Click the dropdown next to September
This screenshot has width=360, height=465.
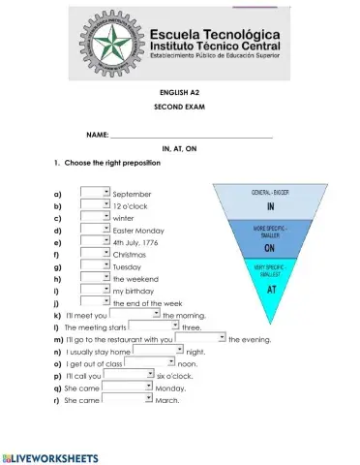[95, 193]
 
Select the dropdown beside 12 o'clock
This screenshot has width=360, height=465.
[95, 205]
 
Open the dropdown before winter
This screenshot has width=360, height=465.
[95, 218]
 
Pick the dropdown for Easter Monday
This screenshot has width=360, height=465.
[95, 230]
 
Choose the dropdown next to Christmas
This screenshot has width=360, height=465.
[95, 254]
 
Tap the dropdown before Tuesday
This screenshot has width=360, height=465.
[95, 265]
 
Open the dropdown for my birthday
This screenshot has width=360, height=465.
[95, 290]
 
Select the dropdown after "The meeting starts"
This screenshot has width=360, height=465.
[154, 326]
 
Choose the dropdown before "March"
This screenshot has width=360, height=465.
[127, 398]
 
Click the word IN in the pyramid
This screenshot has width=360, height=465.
[271, 206]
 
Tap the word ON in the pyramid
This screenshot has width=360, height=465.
[271, 248]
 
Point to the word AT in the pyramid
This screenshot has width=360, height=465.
[271, 289]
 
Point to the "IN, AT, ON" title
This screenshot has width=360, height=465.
[179, 149]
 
